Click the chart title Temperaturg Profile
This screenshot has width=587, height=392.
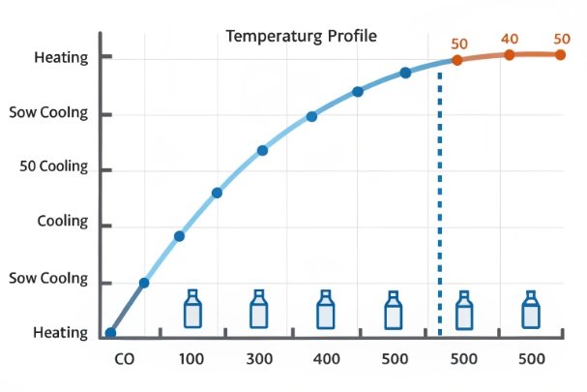tap(301, 36)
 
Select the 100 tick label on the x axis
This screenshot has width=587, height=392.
tap(191, 359)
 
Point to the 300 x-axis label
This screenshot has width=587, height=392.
tap(258, 359)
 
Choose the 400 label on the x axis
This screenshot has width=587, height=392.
tap(326, 359)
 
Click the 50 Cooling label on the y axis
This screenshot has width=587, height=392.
tap(53, 166)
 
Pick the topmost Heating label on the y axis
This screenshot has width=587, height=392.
tap(61, 57)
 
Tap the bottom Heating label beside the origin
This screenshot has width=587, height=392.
tap(61, 332)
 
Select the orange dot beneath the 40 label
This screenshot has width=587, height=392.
tap(509, 54)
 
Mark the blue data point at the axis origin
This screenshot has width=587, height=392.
tap(110, 333)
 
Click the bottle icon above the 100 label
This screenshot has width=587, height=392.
tap(192, 310)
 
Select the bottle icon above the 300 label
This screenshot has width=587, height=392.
tap(258, 310)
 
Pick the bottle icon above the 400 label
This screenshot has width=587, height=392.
tap(326, 310)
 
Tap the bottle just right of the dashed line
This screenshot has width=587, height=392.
tap(465, 310)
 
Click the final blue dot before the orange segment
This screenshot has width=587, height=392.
tap(405, 73)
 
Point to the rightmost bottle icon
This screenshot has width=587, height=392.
tap(531, 310)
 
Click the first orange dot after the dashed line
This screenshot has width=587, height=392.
tap(457, 59)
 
